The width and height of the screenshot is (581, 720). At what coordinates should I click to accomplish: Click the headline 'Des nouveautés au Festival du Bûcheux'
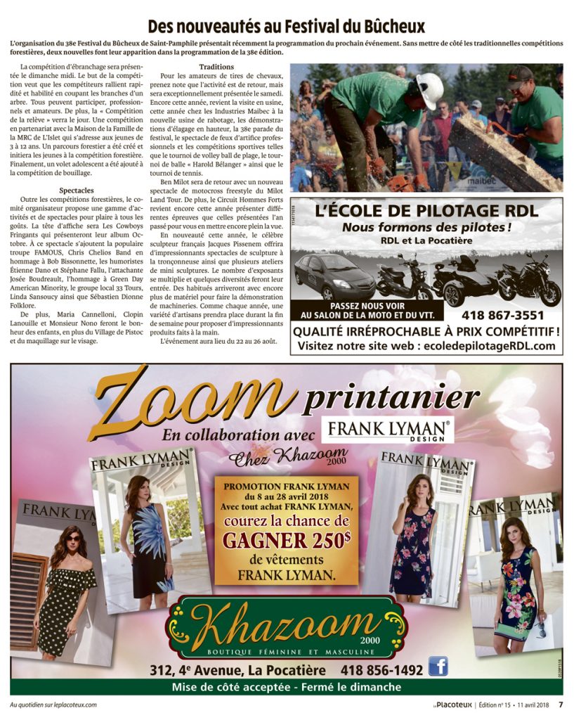(x=286, y=27)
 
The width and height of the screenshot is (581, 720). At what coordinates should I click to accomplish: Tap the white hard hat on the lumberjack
(x=429, y=90)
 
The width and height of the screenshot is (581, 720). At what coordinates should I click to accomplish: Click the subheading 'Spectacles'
(x=77, y=191)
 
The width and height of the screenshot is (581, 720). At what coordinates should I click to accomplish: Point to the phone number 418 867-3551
(x=502, y=315)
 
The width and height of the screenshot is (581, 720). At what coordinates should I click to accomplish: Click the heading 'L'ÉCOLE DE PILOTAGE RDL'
(x=426, y=211)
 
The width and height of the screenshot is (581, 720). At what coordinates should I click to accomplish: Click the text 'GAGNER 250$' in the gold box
(x=286, y=540)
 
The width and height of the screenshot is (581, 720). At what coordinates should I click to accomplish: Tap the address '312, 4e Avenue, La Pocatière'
(x=237, y=670)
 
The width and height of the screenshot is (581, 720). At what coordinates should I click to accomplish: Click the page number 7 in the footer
(x=561, y=705)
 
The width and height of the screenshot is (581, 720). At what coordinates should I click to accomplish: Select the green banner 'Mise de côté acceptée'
(x=286, y=687)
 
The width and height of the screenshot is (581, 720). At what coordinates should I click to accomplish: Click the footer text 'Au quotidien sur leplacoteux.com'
(x=53, y=705)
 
